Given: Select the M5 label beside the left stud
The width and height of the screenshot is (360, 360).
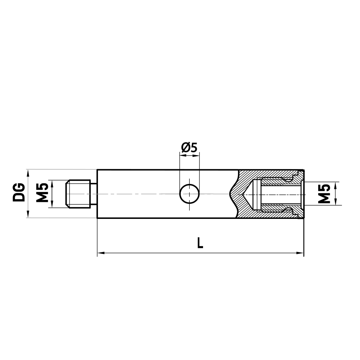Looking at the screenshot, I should coord(42,193).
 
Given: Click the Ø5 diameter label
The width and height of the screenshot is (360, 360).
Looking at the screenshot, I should coord(189,148).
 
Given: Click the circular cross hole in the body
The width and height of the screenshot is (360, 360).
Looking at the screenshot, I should coord(189,194).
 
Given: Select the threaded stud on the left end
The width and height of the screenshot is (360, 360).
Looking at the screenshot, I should coord(78,194).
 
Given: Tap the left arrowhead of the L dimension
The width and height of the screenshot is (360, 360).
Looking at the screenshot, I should coord(100,253).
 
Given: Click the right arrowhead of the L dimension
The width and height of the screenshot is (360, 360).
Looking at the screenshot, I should coord(301,253).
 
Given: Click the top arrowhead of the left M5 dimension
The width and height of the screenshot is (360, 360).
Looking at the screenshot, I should coord(53,183).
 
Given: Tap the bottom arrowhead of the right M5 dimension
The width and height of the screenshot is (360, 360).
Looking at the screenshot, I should coord(335,203).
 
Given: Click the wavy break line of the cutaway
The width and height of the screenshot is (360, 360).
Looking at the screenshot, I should coord(233,194).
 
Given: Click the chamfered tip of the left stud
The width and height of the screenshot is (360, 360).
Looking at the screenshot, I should coord(67,194).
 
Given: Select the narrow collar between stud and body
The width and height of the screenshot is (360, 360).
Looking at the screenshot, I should coord(94,194).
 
